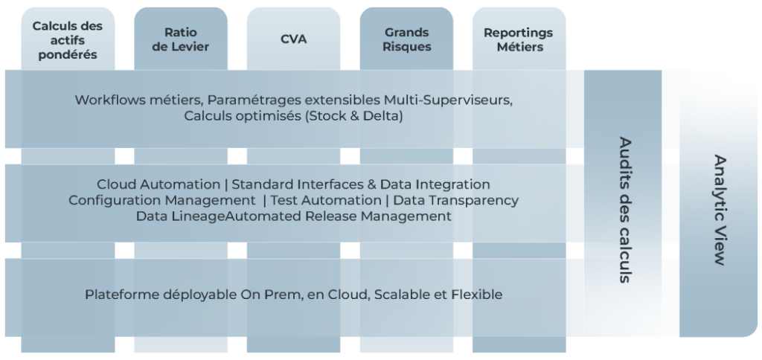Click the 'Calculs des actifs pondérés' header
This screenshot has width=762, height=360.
pos(68,40)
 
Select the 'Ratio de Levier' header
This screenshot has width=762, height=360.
pos(180,40)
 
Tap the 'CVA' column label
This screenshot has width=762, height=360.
pos(293,39)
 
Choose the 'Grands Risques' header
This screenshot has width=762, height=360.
pos(406,40)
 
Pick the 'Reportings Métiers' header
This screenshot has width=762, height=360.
pos(519,40)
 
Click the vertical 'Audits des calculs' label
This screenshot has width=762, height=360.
pos(625,210)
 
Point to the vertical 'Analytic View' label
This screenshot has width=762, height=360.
pos(720,210)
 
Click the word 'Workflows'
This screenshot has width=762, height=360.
pos(102,100)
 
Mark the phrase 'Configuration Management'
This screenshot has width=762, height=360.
pos(161,201)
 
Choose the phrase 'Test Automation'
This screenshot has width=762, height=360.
pos(326,200)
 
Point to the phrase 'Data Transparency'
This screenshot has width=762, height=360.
pos(456,201)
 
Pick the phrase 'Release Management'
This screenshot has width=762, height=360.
pos(379,216)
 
